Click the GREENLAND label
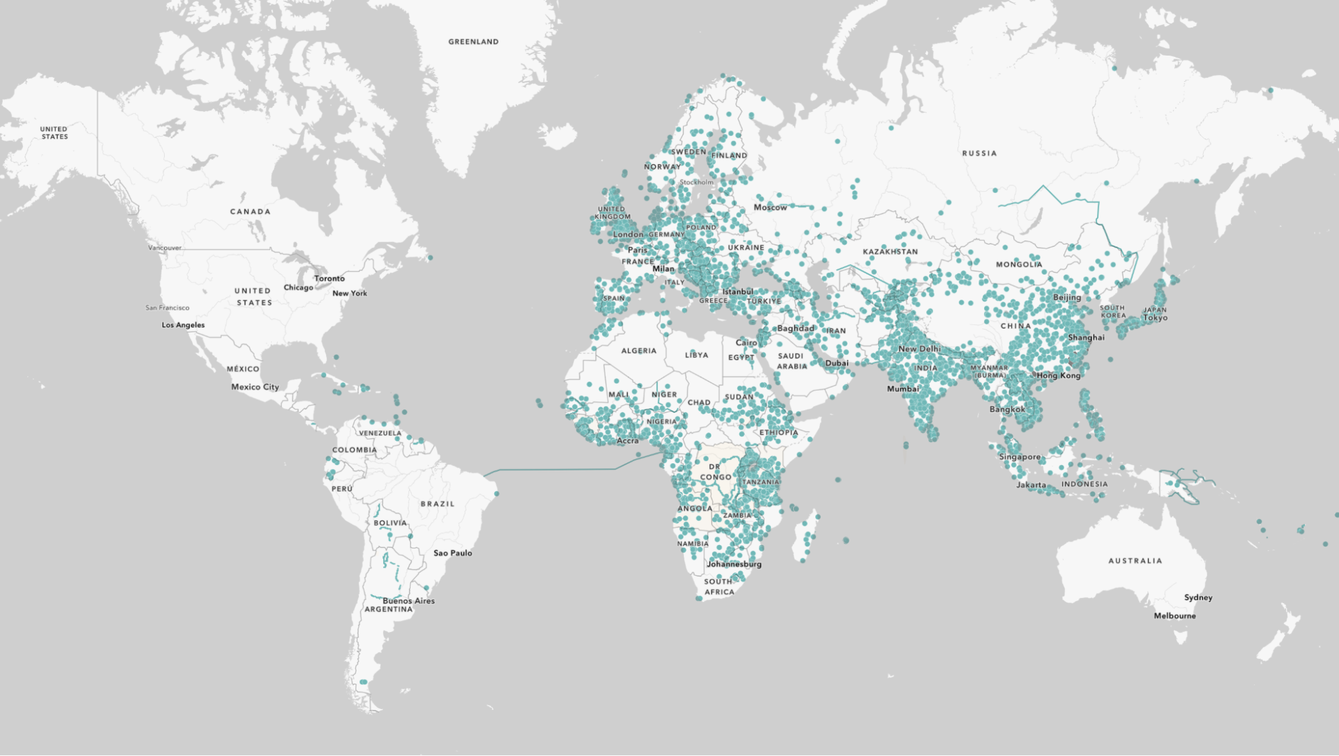tap(474, 42)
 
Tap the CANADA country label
tap(251, 212)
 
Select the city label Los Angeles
tap(183, 325)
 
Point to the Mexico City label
tap(255, 387)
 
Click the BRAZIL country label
tap(437, 504)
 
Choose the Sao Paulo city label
tap(453, 553)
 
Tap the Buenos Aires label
tap(409, 601)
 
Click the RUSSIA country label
tap(979, 153)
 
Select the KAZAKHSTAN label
tap(890, 252)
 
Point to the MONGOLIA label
tap(1019, 265)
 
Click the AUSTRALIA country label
tap(1135, 561)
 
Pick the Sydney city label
tap(1198, 597)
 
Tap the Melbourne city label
tap(1175, 616)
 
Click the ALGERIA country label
tap(638, 351)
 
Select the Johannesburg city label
tap(734, 564)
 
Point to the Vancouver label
tap(165, 248)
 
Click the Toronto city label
tap(330, 278)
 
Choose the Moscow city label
tap(770, 208)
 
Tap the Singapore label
tap(1020, 457)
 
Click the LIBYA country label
tap(697, 355)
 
